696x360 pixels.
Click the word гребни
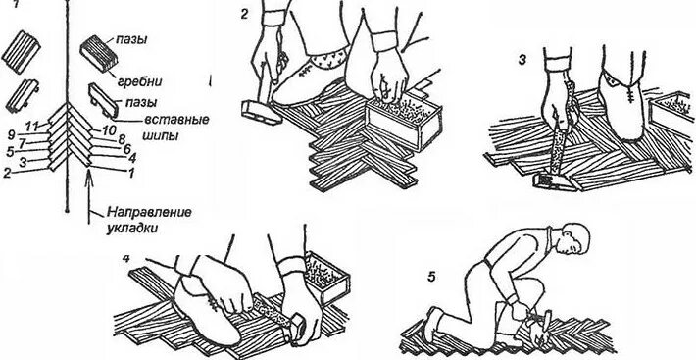click(140, 81)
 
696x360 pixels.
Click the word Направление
click(149, 212)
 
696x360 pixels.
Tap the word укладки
click(132, 230)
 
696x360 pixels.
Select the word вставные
click(176, 120)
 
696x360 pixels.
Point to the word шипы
click(161, 135)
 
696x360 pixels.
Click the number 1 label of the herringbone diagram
click(131, 174)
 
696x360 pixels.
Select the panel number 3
click(522, 60)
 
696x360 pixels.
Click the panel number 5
click(431, 277)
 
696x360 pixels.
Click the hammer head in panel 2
click(262, 113)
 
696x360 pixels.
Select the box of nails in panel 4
click(326, 278)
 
